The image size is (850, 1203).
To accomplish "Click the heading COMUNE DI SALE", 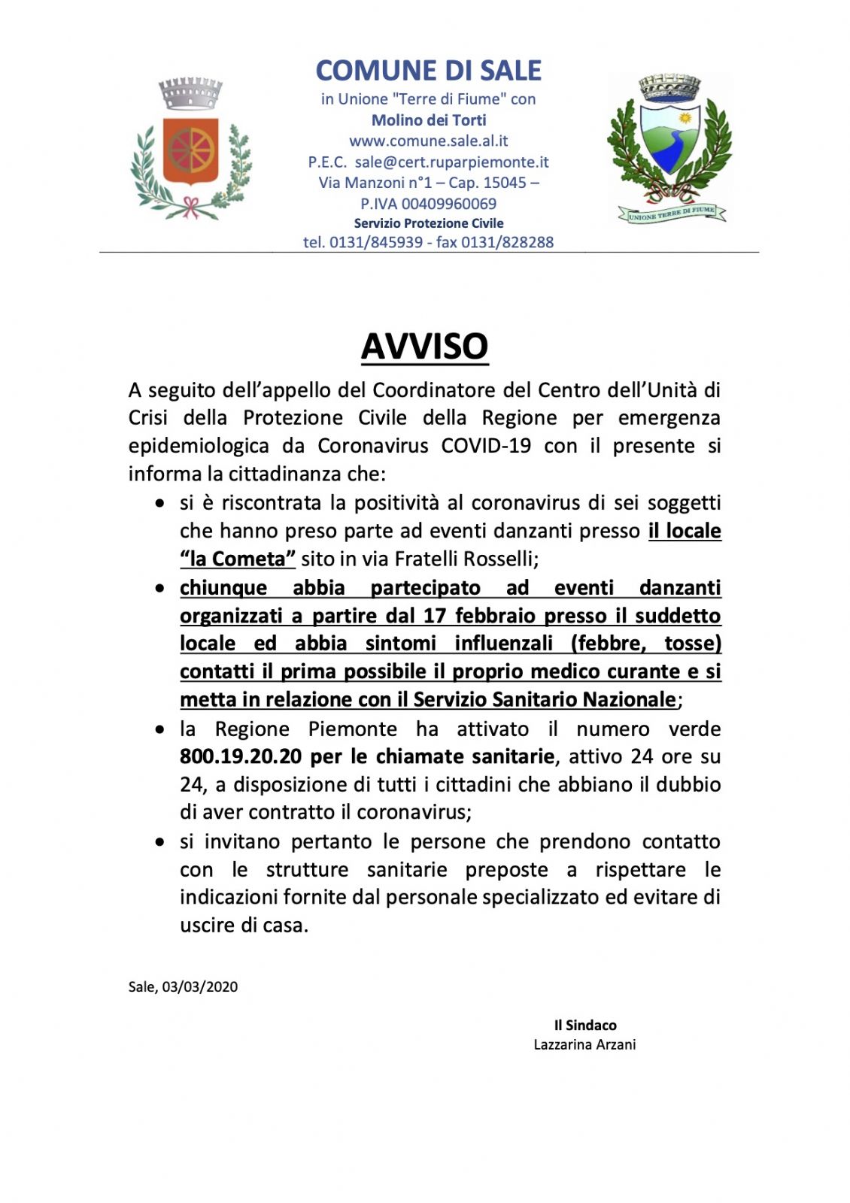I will (x=428, y=71).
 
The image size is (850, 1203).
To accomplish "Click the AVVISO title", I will (x=425, y=347).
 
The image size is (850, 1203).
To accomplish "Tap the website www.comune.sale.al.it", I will (x=428, y=141).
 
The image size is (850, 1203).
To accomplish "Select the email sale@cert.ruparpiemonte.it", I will (x=451, y=162).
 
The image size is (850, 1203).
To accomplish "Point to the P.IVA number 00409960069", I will (x=449, y=204).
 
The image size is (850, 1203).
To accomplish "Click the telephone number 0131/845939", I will (x=376, y=242).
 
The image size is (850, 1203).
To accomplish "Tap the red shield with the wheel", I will (x=190, y=150).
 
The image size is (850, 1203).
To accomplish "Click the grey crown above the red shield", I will (x=190, y=93).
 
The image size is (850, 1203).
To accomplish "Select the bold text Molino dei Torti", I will (x=429, y=120).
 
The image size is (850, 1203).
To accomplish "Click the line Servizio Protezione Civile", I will (x=429, y=223).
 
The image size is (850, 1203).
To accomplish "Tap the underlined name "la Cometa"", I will (x=238, y=559).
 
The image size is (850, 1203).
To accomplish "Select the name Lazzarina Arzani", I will (x=584, y=1044).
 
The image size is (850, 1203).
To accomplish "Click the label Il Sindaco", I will (x=585, y=1025).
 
